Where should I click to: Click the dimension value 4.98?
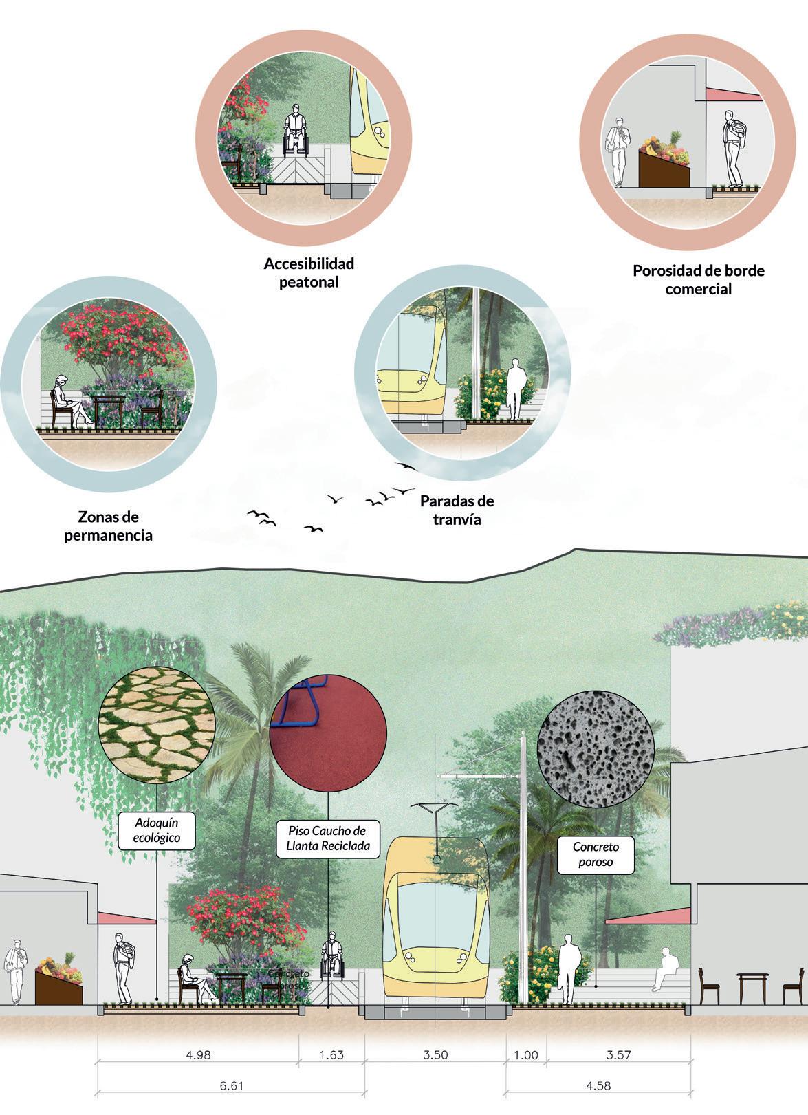199,1054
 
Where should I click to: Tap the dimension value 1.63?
331,1054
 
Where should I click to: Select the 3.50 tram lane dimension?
436,1054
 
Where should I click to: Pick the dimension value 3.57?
619,1054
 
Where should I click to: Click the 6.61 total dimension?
231,1086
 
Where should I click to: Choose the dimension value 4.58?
598,1086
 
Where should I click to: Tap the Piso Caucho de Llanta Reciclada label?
327,837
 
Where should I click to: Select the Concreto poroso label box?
596,854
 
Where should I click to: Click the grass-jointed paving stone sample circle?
157,725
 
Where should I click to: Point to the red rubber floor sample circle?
327,733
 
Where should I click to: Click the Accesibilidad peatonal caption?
309,272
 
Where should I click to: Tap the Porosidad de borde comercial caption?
698,279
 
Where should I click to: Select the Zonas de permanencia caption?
108,526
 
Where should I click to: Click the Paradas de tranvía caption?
457,510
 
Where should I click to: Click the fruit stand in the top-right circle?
664,162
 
